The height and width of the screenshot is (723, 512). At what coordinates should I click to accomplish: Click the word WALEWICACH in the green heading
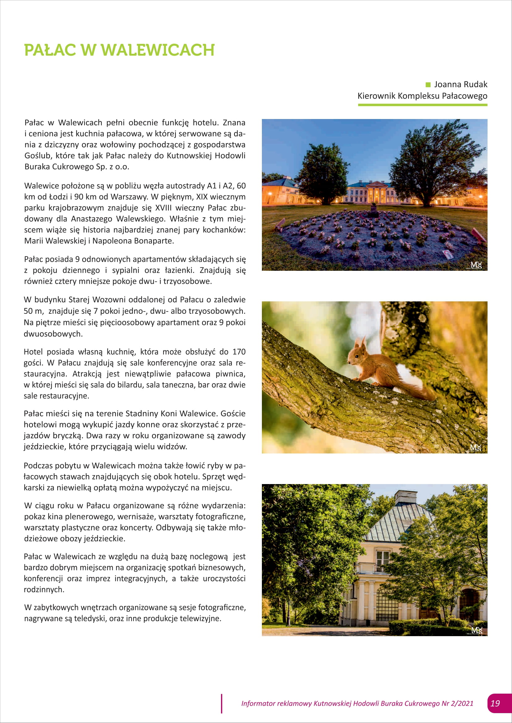tap(157, 50)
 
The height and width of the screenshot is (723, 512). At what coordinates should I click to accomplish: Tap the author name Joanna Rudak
tap(461, 84)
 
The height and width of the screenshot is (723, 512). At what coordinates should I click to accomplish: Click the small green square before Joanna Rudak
tap(428, 84)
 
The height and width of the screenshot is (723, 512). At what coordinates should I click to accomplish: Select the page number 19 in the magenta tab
tap(495, 703)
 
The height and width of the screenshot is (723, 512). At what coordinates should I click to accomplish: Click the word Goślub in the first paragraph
tap(37, 156)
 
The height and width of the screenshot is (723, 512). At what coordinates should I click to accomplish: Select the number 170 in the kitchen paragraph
tap(239, 352)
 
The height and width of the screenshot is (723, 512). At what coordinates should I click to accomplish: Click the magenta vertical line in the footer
tap(222, 703)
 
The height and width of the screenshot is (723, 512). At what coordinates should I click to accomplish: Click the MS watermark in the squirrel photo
tap(476, 448)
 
